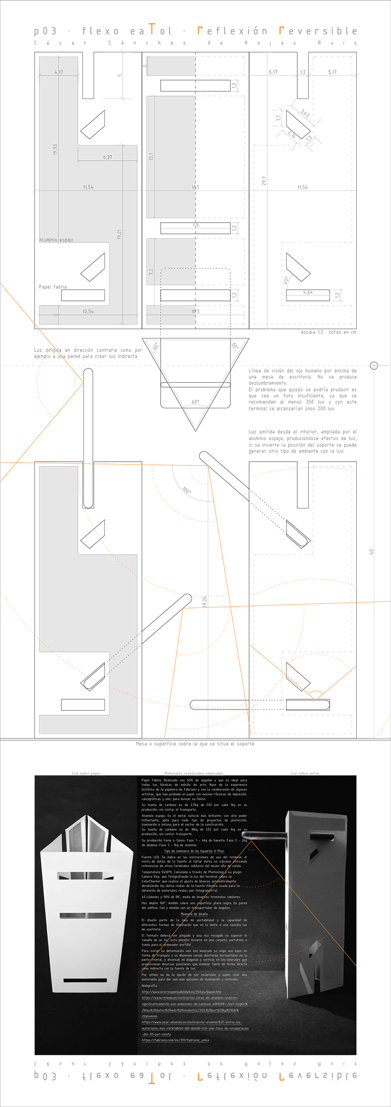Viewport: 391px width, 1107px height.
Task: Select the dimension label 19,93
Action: tap(55, 150)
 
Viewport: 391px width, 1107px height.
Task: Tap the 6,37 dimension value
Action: tap(108, 157)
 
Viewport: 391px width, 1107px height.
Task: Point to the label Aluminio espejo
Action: tap(56, 240)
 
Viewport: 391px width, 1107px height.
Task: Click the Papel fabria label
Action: tap(53, 287)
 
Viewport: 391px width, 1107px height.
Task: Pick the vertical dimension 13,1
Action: tap(151, 157)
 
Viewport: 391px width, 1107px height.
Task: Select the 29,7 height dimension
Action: tap(264, 181)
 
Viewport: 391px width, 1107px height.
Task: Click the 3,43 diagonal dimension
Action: tap(305, 113)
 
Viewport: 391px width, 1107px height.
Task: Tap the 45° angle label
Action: tap(286, 280)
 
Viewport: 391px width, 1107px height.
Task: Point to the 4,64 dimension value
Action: tap(308, 292)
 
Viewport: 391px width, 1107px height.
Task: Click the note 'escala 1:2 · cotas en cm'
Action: tap(328, 332)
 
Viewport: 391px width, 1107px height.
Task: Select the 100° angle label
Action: tap(186, 490)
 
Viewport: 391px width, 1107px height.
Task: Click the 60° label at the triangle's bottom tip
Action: tap(195, 402)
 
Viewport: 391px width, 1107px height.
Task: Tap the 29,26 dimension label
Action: tap(205, 602)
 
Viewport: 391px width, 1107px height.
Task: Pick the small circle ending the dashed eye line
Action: tap(374, 366)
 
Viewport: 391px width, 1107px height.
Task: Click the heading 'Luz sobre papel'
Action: tap(86, 773)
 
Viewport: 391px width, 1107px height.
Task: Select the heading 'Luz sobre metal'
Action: tap(305, 773)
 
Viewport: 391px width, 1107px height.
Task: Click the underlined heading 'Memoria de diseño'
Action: tap(194, 914)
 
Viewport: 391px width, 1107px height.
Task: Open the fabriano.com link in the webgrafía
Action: tap(175, 1040)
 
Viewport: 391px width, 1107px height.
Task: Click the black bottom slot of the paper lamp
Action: tap(85, 980)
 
